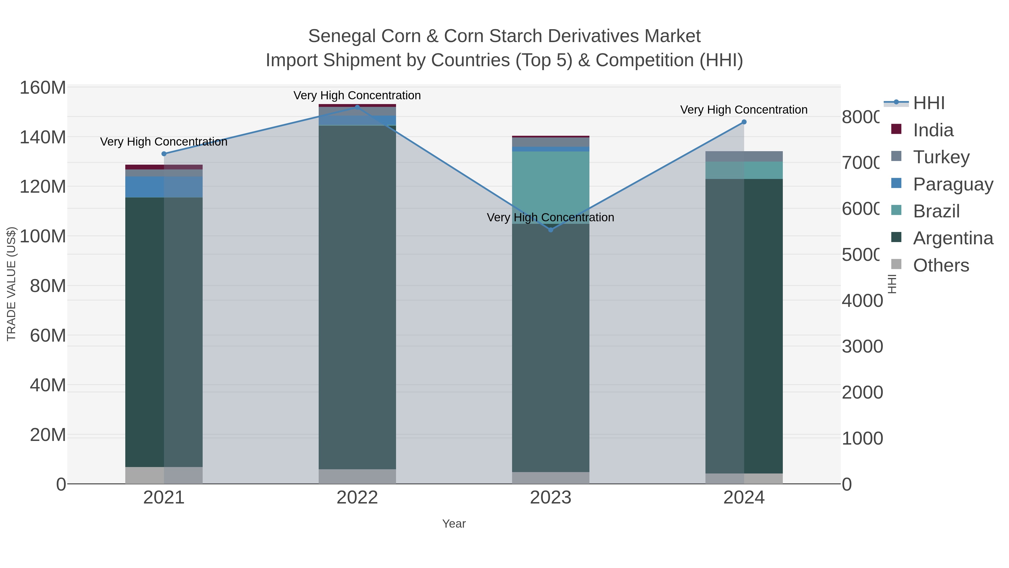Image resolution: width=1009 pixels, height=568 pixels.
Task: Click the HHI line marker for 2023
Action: tap(550, 230)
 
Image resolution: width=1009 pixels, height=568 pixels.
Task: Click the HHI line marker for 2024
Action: tap(744, 122)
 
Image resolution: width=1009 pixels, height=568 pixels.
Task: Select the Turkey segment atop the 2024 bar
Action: tap(744, 156)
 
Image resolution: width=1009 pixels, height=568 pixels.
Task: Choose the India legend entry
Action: tap(933, 130)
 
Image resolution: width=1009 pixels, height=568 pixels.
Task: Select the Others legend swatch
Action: tap(896, 265)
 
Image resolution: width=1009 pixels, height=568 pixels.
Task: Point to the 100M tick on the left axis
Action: tap(42, 236)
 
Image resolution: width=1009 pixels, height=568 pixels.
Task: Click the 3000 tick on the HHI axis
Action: tap(862, 346)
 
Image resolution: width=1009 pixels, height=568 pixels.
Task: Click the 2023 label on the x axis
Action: tap(550, 497)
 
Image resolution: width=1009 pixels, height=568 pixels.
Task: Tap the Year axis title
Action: tap(453, 523)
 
